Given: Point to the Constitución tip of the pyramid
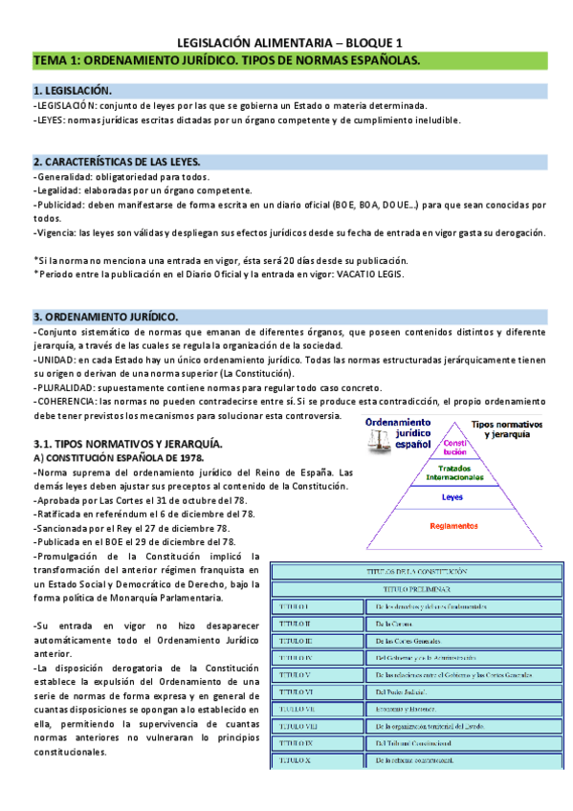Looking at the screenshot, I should pos(454,447).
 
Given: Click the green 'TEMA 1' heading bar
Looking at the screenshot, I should pos(287,60).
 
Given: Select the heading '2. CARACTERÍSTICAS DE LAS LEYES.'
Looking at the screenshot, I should pos(118,161).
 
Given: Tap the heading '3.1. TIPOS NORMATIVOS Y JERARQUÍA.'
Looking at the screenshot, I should pos(127,445).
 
